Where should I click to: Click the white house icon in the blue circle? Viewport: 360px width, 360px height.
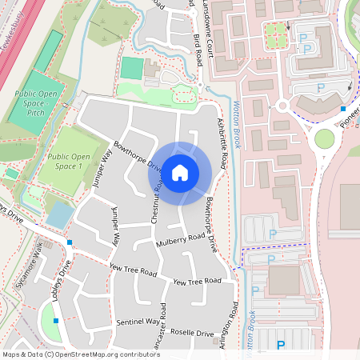pos(180,172)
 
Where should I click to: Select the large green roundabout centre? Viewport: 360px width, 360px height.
pos(324,139)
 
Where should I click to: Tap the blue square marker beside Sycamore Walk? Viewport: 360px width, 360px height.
pos(70,242)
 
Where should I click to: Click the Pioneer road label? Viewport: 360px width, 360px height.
pos(350,117)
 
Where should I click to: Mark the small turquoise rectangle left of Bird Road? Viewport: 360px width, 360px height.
pos(131,68)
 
